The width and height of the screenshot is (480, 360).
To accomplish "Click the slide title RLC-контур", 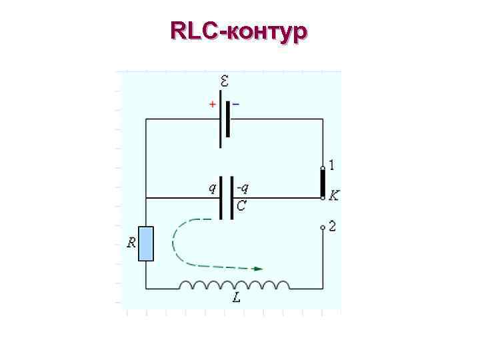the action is pos(239,31).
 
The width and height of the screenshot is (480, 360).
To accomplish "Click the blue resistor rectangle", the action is pos(146,244).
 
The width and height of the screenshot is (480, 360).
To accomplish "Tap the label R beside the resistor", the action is pos(132,243).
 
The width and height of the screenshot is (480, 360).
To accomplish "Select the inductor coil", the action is pos(234,285).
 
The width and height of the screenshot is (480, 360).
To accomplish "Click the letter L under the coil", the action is pos(237,299).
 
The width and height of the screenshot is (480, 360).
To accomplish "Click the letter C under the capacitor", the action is pos(241,207).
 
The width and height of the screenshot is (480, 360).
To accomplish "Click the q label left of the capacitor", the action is pos(213,188).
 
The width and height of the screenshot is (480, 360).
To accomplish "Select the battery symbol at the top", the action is pos(225,123).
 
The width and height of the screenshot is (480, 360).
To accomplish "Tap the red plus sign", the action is pos(212,105).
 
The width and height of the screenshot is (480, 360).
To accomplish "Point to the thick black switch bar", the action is pos(323,183).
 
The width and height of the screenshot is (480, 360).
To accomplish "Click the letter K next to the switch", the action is pos(334,196).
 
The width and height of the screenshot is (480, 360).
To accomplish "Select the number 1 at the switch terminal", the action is pos(332,164).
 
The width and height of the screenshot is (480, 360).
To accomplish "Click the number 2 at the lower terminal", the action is pos(332,227).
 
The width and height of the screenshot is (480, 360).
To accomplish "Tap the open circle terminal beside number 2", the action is pos(323,227).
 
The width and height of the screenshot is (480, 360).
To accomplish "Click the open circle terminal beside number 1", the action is pos(323,166).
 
